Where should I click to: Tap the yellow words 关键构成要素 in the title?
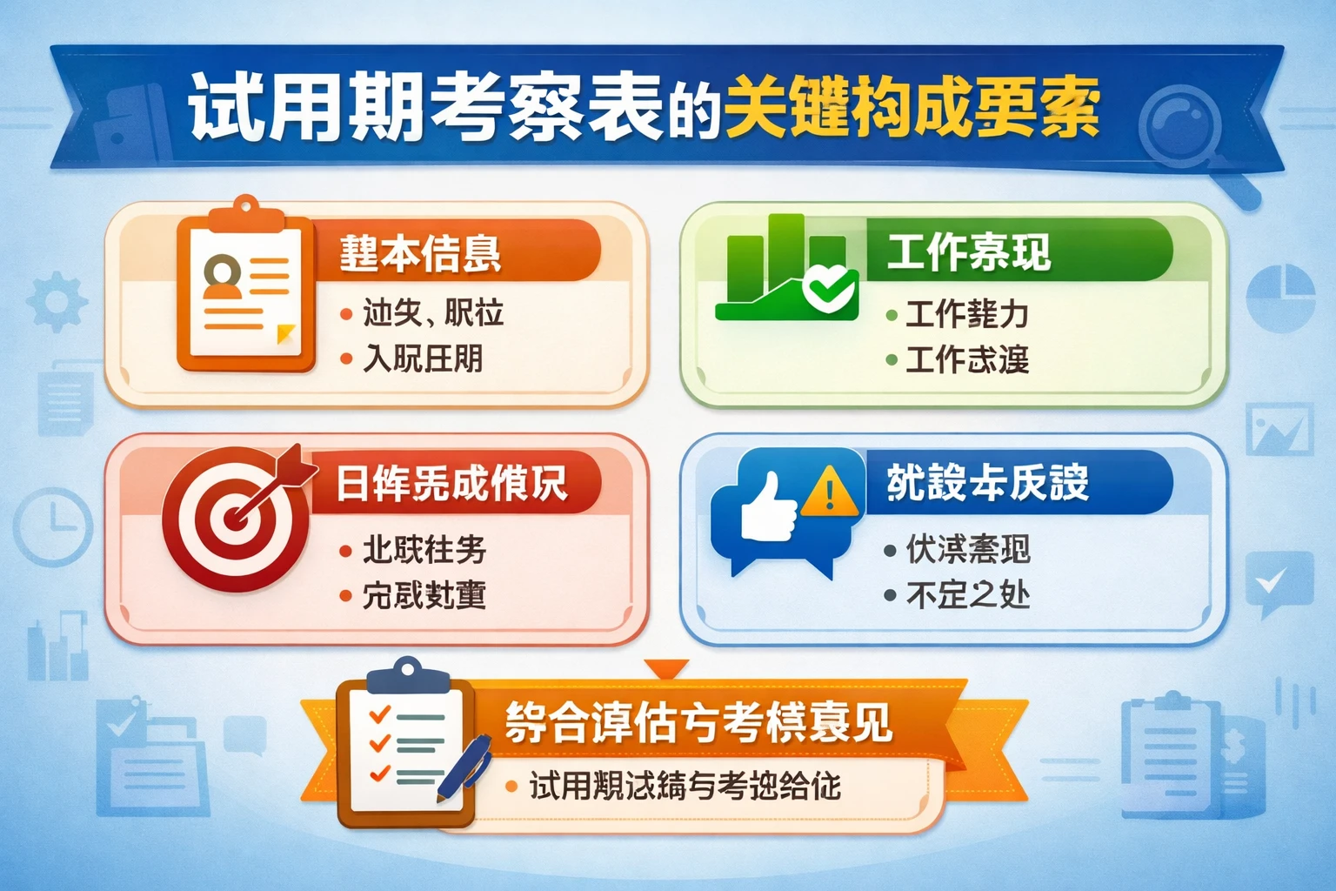(x=912, y=109)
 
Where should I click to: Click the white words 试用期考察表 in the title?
(x=426, y=109)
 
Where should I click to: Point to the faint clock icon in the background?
(x=53, y=527)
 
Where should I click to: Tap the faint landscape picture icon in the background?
(x=1279, y=429)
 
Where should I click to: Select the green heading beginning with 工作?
(x=969, y=252)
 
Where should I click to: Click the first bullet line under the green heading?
(x=966, y=314)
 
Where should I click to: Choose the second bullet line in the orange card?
(x=423, y=358)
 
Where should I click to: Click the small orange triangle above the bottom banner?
(x=667, y=668)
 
